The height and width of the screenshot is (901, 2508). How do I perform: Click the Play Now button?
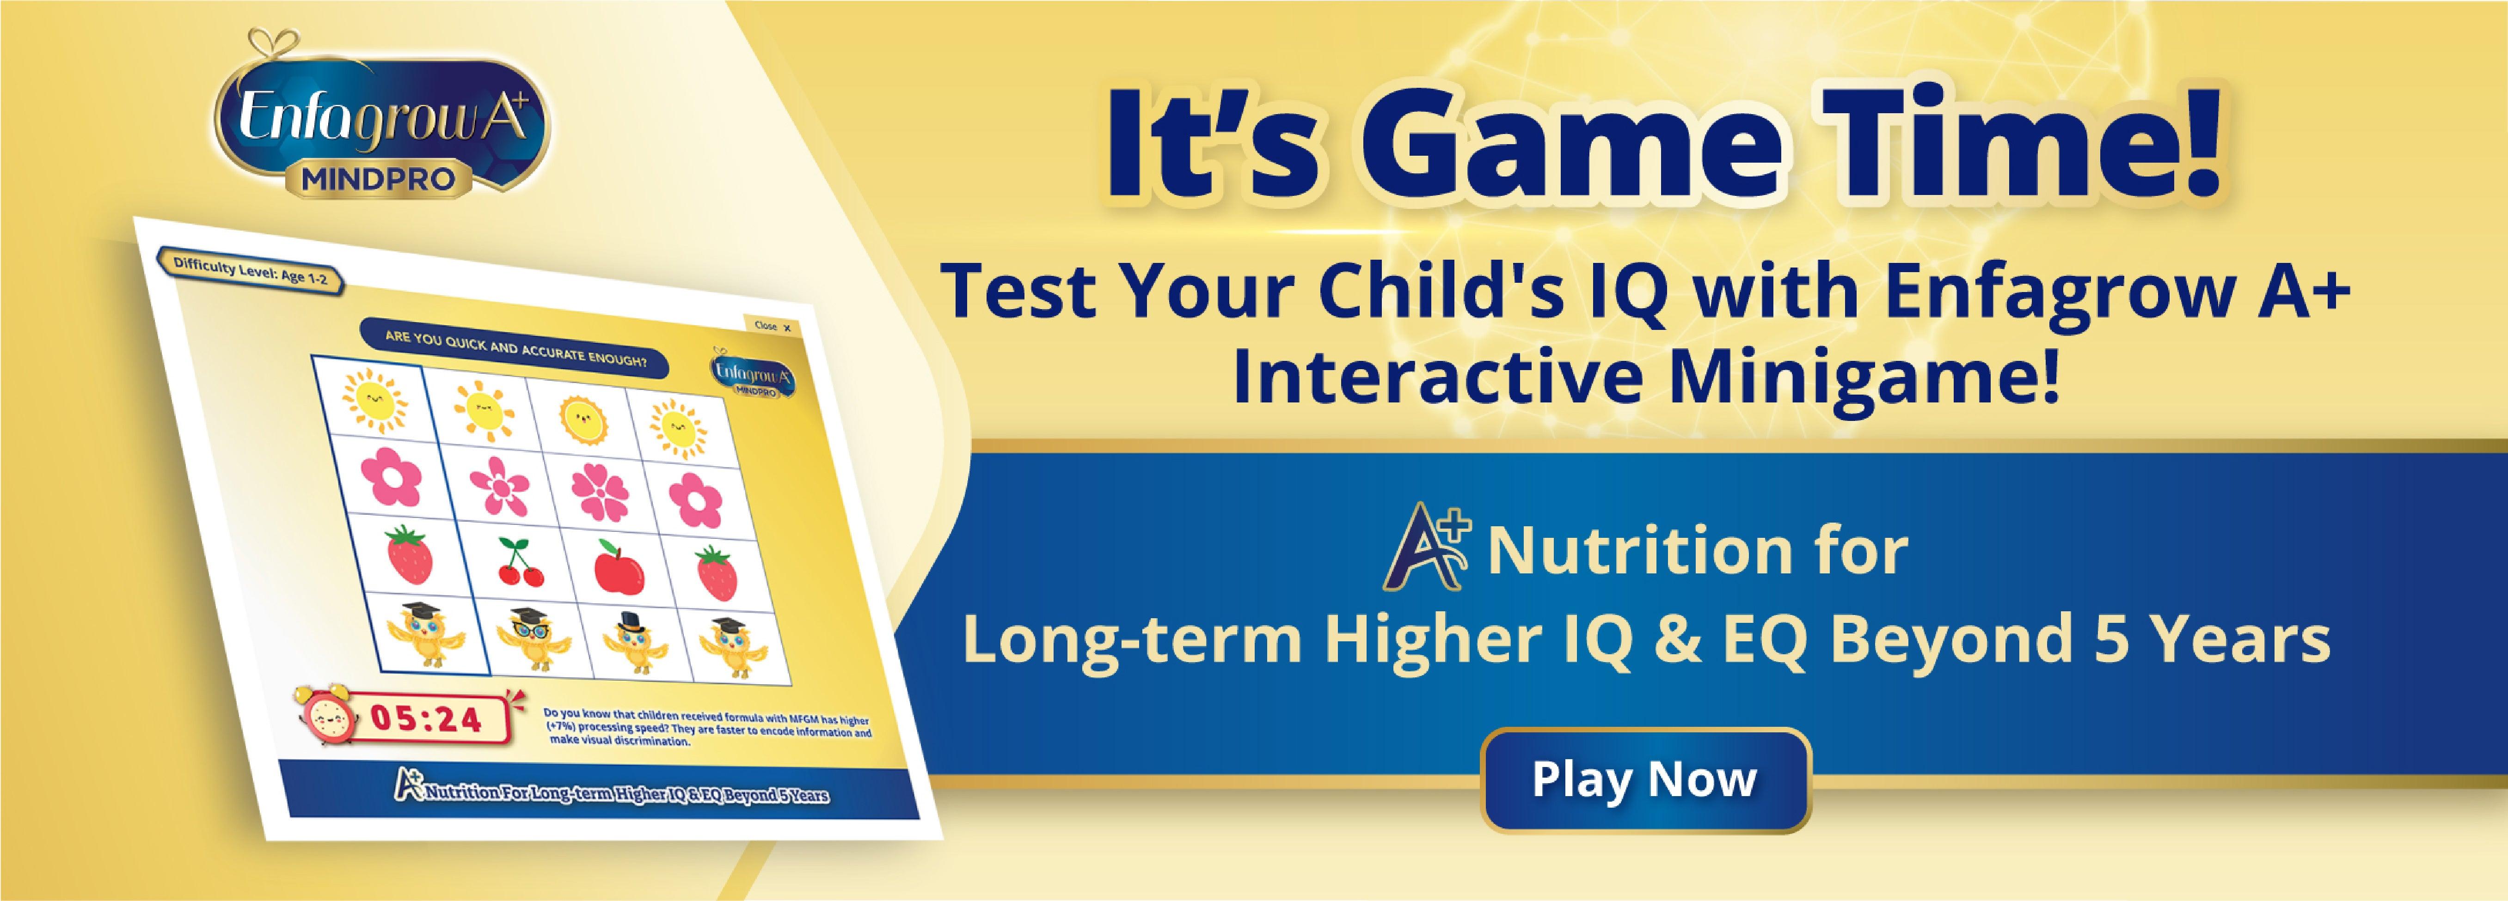point(1645,779)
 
